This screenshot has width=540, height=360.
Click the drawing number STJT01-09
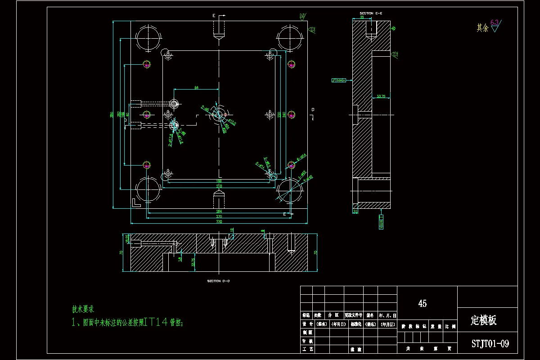coord(490,344)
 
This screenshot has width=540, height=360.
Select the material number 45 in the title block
coord(422,304)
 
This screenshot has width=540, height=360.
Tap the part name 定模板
coord(484,320)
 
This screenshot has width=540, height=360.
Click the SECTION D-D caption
coord(218,281)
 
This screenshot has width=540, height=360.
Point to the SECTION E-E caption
coord(371,13)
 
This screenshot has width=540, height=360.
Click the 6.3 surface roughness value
coord(495,22)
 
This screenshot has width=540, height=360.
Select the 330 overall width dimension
coord(219,221)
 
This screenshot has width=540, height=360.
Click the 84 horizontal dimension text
coord(196,88)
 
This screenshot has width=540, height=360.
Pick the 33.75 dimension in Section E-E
coord(381,96)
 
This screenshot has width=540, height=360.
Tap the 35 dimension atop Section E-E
coord(362,17)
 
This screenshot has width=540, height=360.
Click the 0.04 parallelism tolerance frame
coord(338,81)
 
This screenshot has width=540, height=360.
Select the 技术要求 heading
coord(83,309)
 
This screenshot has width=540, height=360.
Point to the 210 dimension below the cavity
coord(219,185)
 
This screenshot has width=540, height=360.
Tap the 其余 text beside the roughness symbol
coord(482,28)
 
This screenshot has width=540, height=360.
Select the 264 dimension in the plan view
coord(219,211)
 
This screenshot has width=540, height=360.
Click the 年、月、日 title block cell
coord(387,315)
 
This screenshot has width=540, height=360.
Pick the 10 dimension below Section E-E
coord(355,211)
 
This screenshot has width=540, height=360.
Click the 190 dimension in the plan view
coord(219,181)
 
